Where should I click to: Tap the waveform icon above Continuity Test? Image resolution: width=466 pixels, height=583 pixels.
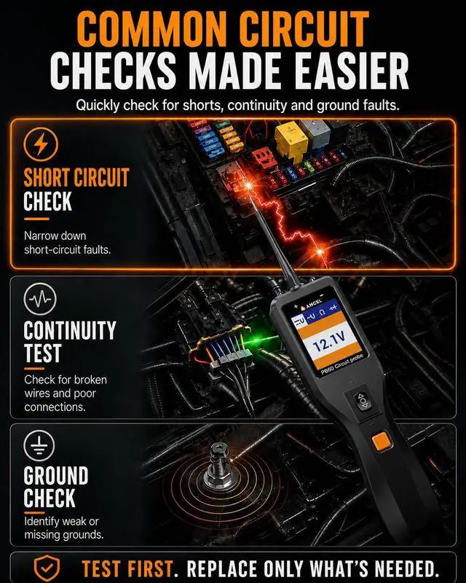[40, 299]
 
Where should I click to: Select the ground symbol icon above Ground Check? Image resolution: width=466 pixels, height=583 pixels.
[39, 445]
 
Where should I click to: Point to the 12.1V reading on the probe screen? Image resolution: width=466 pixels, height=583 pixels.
[329, 342]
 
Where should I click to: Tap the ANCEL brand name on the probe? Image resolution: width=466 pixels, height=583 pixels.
[314, 304]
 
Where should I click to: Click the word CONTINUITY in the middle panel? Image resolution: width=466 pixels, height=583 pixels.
[70, 330]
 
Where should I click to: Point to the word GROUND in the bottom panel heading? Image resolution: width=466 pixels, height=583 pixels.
[56, 475]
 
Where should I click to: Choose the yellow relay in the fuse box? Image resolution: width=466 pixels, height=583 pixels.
[291, 139]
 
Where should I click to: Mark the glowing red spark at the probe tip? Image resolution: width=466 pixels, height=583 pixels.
[250, 185]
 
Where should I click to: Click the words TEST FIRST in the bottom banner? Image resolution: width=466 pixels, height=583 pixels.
[127, 569]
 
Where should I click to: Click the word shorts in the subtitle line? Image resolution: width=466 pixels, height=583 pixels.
[203, 105]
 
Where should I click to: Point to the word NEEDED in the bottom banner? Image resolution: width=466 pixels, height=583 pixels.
[405, 569]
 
